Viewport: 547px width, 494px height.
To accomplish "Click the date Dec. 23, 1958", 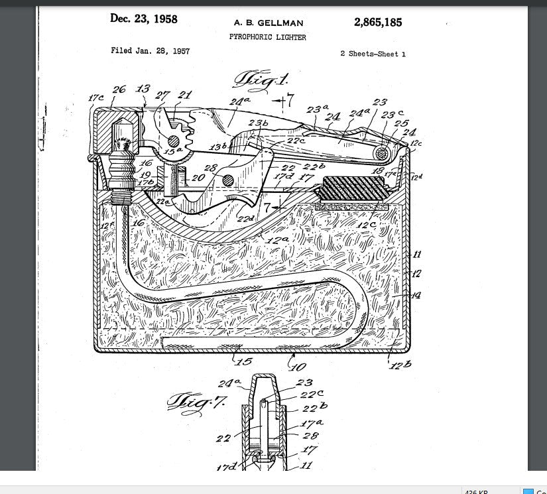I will tap(144, 19).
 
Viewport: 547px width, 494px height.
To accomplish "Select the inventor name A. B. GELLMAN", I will tap(269, 23).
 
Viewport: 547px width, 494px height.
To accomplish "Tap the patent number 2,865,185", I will tap(378, 22).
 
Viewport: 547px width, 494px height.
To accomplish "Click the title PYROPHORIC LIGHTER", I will tap(268, 37).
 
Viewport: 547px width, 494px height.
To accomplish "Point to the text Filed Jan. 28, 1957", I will tap(150, 51).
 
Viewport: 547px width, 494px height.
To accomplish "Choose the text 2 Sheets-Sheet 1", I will tap(373, 54).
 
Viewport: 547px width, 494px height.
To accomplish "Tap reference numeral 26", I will tap(119, 90).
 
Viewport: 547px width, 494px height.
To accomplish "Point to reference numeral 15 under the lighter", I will tap(245, 362).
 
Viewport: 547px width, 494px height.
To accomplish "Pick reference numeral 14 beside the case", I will tap(416, 295).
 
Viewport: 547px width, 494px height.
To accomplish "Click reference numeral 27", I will tap(162, 95).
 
